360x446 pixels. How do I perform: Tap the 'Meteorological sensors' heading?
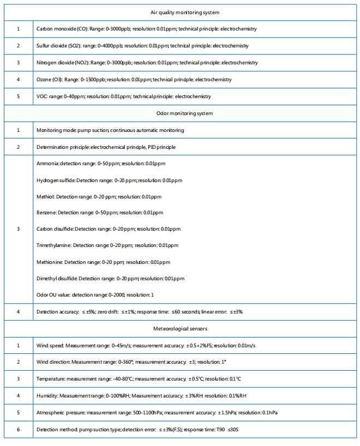(181, 329)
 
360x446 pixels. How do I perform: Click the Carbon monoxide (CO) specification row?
(146, 28)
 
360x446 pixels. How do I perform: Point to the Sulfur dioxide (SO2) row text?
(145, 45)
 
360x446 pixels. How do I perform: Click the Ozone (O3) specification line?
(134, 80)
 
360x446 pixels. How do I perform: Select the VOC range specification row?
(123, 97)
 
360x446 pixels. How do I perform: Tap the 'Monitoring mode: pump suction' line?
(110, 130)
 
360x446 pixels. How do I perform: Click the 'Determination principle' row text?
(106, 147)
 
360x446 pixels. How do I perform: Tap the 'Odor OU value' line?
(95, 295)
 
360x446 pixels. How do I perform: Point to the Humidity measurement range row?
(141, 396)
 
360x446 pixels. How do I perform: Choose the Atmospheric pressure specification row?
(157, 413)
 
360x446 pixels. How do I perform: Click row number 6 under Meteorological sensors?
(18, 430)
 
